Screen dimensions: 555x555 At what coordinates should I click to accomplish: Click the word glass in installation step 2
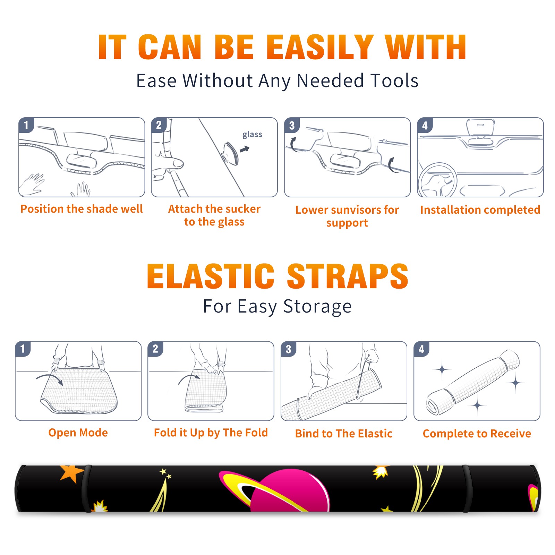pos(252,135)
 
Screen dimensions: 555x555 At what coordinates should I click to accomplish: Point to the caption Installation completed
pos(480,210)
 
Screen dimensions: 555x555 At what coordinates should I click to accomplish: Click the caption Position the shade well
pos(82,209)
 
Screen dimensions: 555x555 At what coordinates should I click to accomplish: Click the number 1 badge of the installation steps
pos(26,125)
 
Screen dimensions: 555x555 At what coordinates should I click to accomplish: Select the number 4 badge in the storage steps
pos(421,349)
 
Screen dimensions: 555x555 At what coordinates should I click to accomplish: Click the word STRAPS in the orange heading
pos(348,276)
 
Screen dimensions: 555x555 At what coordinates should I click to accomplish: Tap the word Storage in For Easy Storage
pos(317,307)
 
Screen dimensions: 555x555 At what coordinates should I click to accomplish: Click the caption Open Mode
pos(78,433)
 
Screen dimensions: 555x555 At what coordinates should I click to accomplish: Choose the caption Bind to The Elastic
pos(343,434)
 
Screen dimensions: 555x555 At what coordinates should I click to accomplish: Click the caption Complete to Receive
pos(477,434)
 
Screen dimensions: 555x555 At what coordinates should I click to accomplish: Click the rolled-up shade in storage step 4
pos(473,382)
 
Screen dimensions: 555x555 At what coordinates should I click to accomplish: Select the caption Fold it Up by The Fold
pos(211,433)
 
